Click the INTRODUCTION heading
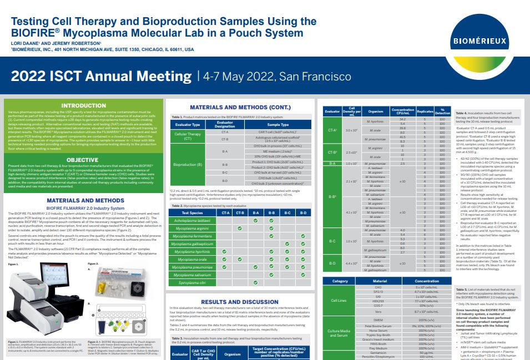coord(83,105)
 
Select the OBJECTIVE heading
coord(83,160)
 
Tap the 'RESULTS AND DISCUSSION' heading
coord(240,301)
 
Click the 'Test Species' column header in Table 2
coord(192,212)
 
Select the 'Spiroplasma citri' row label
coord(192,282)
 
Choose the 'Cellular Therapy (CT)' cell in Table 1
coord(188,136)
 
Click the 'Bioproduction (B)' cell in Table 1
coord(188,165)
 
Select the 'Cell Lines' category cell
coord(339,300)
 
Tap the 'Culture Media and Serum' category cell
coord(339,333)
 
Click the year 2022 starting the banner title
coord(27,76)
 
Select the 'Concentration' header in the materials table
coord(411,281)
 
